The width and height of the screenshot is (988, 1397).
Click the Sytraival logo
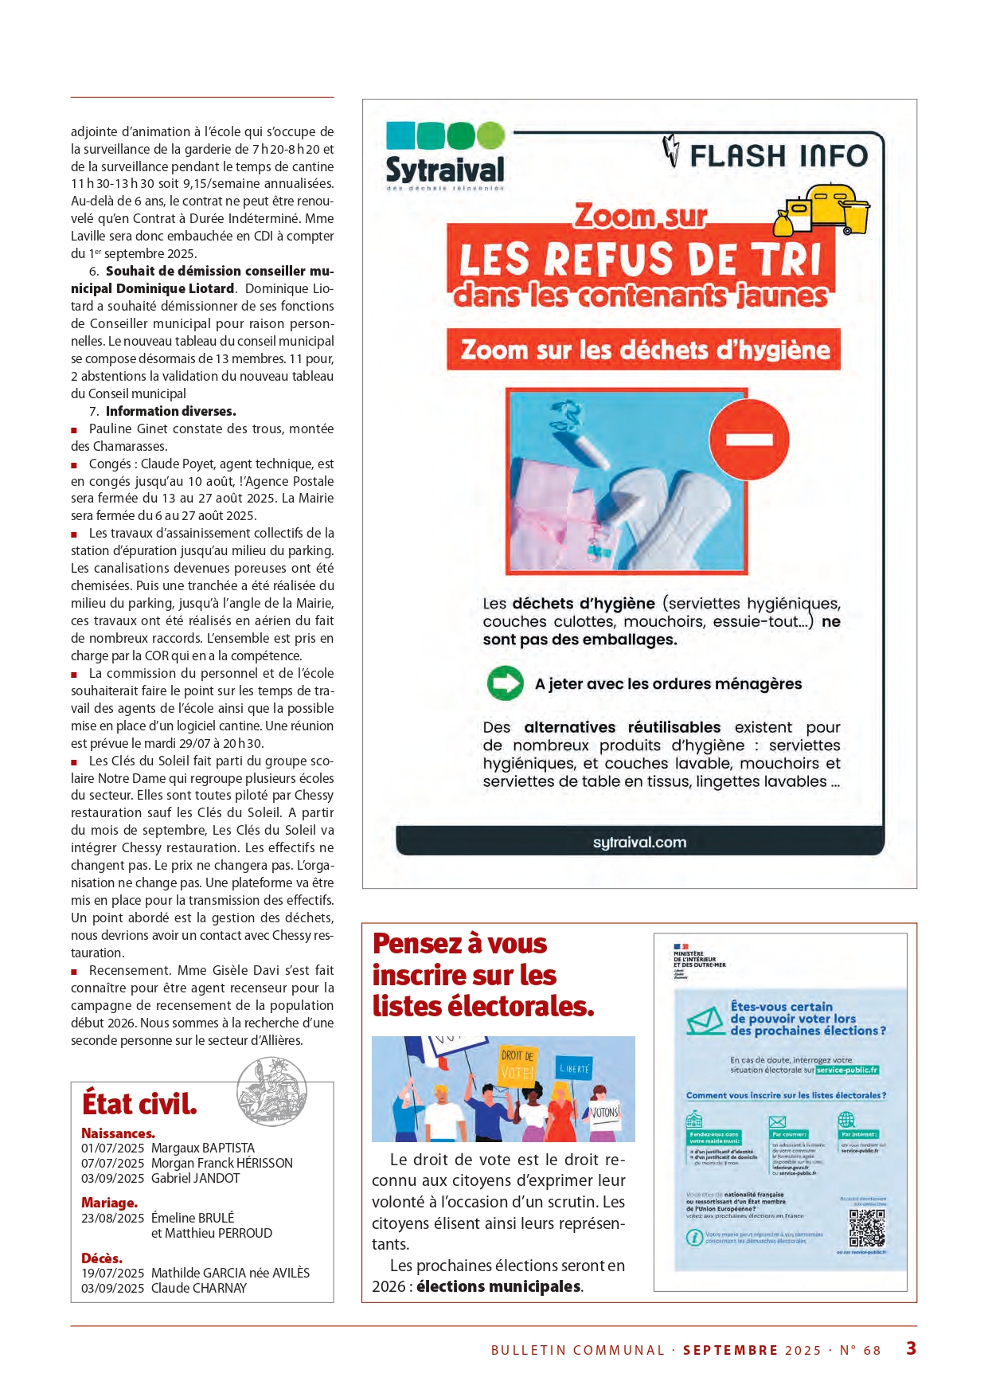445,156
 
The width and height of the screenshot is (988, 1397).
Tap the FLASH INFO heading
778,155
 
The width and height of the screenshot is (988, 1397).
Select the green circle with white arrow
505,683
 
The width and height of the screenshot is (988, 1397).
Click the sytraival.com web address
639,842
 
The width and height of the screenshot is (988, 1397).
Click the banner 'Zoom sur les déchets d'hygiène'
644,350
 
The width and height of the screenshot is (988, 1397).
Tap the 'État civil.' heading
139,1104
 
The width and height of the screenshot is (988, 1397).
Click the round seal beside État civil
272,1091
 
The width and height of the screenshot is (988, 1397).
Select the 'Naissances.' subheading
118,1133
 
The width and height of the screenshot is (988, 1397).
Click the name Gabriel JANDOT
195,1178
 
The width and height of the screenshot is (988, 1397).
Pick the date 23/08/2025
112,1218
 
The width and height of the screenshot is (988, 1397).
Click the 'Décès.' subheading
102,1258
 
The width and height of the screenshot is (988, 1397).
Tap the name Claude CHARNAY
199,1288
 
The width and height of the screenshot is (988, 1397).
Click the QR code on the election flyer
866,1228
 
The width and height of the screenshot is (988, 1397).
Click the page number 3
911,1348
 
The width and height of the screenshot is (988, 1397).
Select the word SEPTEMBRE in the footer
730,1350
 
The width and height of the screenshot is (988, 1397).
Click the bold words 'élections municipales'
498,1286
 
